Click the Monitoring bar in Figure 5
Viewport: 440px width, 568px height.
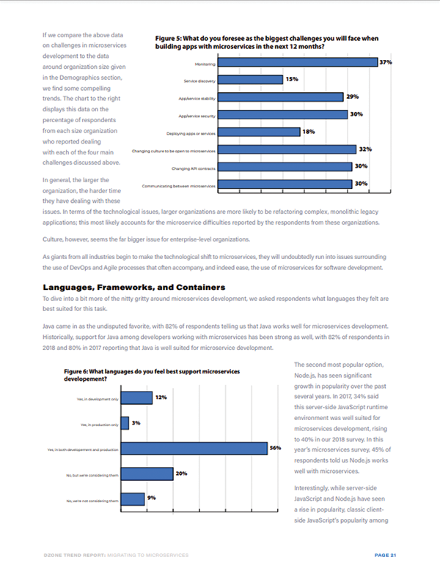point(298,62)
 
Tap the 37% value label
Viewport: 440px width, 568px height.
point(386,62)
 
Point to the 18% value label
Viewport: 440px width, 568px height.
point(308,132)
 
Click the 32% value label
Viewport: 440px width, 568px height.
point(364,149)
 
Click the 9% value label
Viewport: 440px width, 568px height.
point(152,498)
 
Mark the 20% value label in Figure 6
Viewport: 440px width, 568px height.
point(182,473)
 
